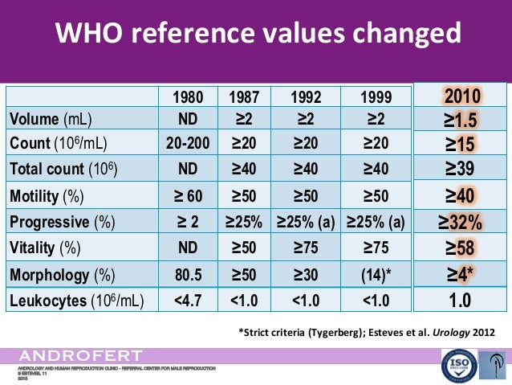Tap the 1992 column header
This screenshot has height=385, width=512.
[x=305, y=98]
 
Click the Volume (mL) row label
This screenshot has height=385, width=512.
[x=51, y=120]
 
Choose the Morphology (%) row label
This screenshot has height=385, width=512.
[x=61, y=274]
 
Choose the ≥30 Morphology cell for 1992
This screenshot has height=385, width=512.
[x=305, y=274]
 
